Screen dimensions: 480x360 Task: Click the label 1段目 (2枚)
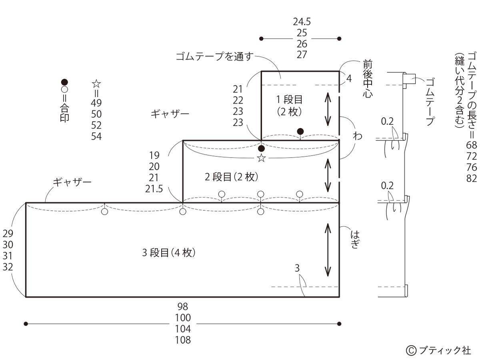(x=289, y=105)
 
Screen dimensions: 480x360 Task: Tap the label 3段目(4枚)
(x=169, y=253)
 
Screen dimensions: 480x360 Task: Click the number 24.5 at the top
(x=302, y=22)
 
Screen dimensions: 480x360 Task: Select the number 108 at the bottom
(x=183, y=340)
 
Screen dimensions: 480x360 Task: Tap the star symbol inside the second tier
(x=261, y=158)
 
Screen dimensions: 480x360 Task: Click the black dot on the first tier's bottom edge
(x=300, y=131)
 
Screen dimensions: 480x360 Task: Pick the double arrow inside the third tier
(x=328, y=250)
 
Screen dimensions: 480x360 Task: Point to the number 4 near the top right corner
(x=349, y=78)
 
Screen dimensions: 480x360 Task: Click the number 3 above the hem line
(x=297, y=268)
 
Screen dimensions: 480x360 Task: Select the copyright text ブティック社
(x=439, y=350)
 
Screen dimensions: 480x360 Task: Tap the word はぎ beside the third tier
(x=354, y=238)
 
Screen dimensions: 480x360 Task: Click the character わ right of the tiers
(x=357, y=136)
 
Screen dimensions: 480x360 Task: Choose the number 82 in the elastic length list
(x=472, y=178)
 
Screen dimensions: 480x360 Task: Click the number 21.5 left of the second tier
(x=154, y=188)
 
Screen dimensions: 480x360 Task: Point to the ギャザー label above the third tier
(x=72, y=182)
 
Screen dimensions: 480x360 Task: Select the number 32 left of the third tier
(x=8, y=267)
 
